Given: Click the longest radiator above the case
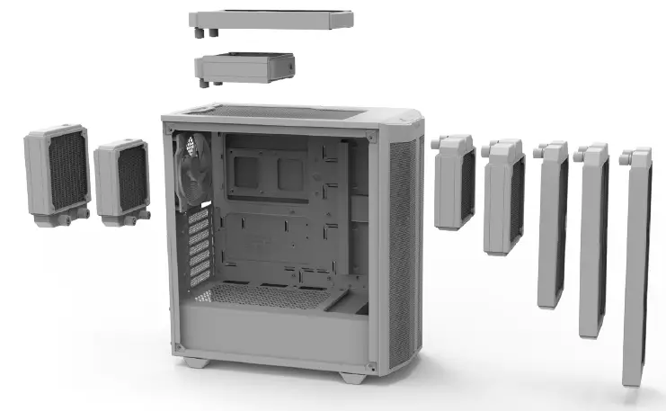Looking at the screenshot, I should coord(271,19).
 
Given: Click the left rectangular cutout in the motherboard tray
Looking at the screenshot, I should coord(245,170).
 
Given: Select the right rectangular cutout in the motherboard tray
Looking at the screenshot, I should coord(292,171).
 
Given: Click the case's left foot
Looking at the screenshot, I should coord(195,362).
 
